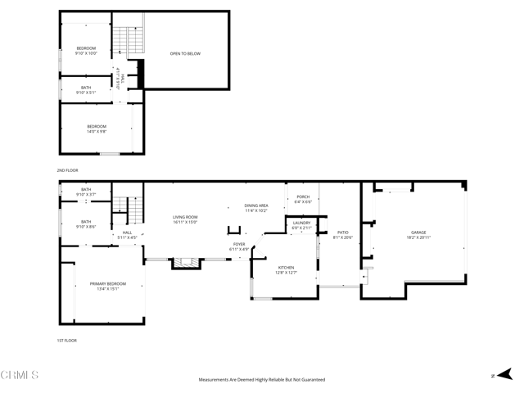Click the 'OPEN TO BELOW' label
click(185, 54)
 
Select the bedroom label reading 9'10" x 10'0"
click(86, 52)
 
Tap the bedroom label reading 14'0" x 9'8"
click(97, 129)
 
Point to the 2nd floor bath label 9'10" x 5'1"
click(86, 90)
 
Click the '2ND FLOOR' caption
click(66, 170)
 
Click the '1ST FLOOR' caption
click(66, 340)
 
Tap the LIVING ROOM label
click(186, 219)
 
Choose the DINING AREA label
click(256, 208)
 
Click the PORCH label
click(303, 199)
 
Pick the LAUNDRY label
click(301, 225)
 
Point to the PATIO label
click(343, 235)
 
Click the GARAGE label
click(418, 235)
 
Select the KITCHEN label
click(286, 270)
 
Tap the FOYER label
click(239, 246)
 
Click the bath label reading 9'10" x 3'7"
click(86, 192)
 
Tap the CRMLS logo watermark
click(20, 376)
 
